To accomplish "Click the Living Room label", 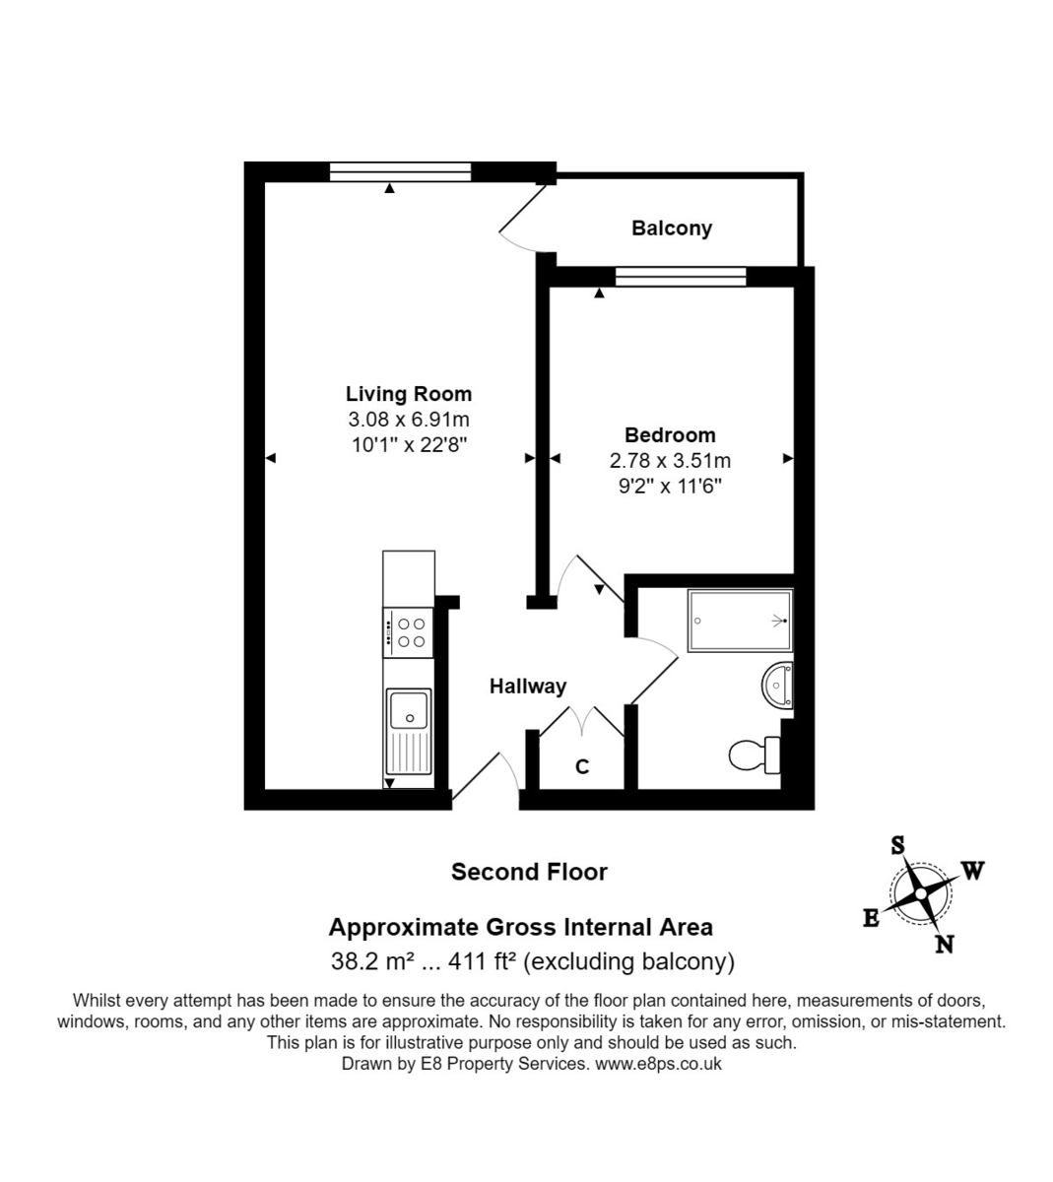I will pos(408,394).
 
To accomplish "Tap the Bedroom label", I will pos(670,435).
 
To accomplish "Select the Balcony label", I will pos(671,229).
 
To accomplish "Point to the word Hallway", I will pos(528,687).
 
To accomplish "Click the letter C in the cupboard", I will pos(582,766).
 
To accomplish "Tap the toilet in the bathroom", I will pos(755,755).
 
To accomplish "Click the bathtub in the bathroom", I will pos(739,621).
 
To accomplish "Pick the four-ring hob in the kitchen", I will pos(409,632).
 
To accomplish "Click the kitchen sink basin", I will pos(409,709).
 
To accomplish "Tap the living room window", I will pos(400,173).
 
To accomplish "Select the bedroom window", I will pos(680,278).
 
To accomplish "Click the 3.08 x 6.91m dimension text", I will pos(408,420).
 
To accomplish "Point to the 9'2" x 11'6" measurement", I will pos(670,486).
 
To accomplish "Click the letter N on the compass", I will pos(944,945).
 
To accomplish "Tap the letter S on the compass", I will pos(897,845).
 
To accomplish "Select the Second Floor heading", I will pos(529,872).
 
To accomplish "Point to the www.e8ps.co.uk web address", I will pos(658,1064).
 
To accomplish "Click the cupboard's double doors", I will pos(582,720).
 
